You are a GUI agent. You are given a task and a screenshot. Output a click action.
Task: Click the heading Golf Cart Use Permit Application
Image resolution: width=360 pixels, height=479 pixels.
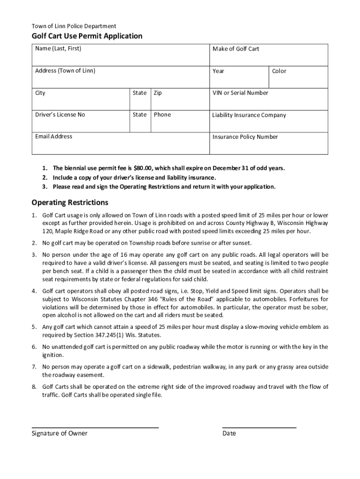pos(87,36)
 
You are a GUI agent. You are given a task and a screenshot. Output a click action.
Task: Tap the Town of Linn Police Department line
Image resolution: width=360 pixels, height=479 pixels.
pos(74,26)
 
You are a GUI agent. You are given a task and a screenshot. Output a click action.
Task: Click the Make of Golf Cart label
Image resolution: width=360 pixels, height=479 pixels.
pos(236,49)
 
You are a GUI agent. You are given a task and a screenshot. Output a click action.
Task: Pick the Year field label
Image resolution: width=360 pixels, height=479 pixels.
pos(218,71)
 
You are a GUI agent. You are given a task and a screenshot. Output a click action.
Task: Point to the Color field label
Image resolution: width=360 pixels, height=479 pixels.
pos(279,71)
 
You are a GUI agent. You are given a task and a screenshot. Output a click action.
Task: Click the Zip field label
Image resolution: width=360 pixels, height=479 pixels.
pos(158,93)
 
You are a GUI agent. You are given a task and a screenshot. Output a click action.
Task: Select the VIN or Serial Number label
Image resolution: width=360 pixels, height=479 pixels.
pos(240,93)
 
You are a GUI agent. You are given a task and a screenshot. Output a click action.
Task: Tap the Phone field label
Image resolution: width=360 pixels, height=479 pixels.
pos(162,115)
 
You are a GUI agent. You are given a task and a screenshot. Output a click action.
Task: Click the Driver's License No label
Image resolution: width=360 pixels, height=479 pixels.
pos(60,115)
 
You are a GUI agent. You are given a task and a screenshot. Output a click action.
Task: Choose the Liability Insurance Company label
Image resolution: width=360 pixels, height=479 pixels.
pos(249,115)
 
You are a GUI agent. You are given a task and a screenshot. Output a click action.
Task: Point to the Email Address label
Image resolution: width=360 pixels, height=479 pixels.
pos(54,137)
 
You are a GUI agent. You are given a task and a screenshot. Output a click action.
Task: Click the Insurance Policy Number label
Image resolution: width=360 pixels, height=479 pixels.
pos(245,137)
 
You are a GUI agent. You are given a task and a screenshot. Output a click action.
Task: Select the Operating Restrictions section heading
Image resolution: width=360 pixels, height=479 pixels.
pos(70,203)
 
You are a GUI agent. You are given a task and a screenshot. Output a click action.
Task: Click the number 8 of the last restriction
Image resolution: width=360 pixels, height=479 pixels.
pos(34,387)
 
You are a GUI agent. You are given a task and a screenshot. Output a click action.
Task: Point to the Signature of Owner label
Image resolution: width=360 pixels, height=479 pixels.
pos(59,433)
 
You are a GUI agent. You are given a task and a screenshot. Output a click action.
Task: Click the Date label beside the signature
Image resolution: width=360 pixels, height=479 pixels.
pos(229,433)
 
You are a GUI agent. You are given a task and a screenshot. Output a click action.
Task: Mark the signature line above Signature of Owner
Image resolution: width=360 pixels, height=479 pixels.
pos(95,427)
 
